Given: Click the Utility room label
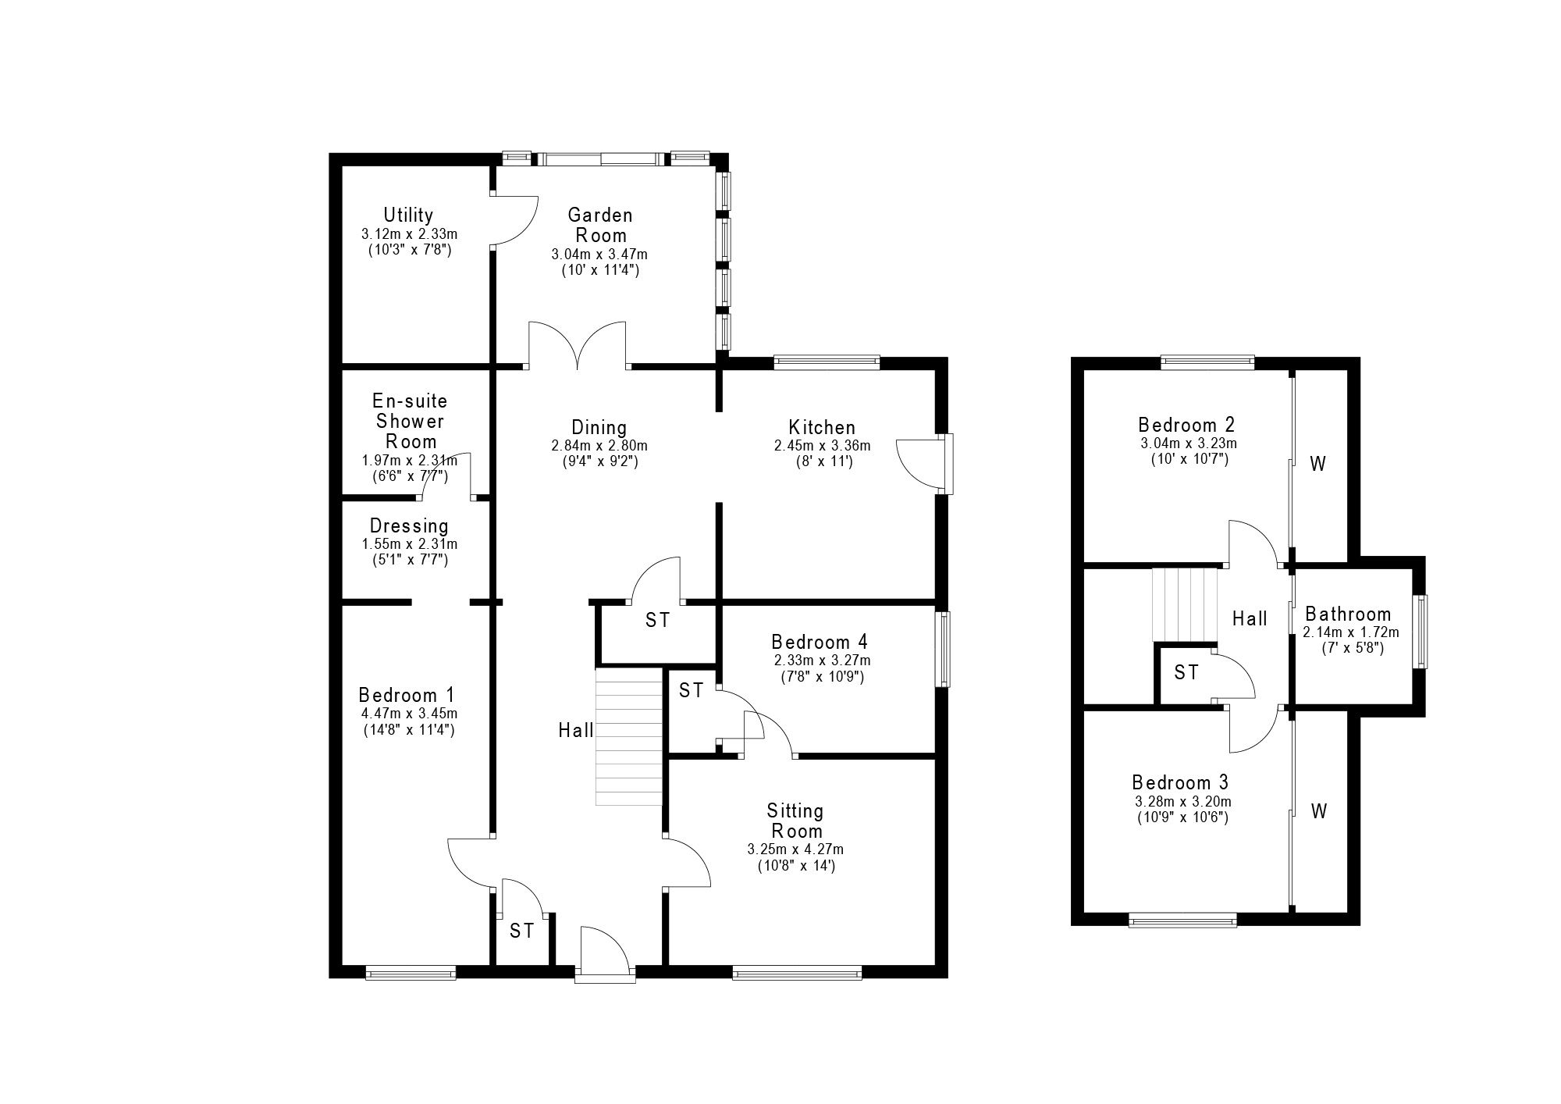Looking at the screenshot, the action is [408, 215].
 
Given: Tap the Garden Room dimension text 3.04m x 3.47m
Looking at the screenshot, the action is [599, 255].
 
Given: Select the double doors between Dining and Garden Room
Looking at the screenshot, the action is [578, 344].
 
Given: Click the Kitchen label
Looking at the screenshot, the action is [822, 428].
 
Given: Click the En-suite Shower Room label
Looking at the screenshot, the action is [410, 421].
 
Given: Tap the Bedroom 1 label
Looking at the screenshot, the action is [406, 695].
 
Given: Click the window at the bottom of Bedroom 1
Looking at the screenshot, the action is [411, 973].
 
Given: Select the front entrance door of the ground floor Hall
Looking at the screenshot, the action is [605, 953].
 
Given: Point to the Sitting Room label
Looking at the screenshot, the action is [795, 821].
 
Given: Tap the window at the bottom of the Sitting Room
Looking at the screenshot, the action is [797, 973].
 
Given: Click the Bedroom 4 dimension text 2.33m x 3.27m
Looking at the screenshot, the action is [823, 661].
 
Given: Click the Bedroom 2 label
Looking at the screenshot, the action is [1186, 426].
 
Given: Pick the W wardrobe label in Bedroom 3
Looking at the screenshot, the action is [1318, 812].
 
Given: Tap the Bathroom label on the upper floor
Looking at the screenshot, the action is [1348, 614].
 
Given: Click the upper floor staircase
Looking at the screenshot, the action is [1186, 605].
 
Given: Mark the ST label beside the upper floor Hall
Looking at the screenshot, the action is [1186, 672].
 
